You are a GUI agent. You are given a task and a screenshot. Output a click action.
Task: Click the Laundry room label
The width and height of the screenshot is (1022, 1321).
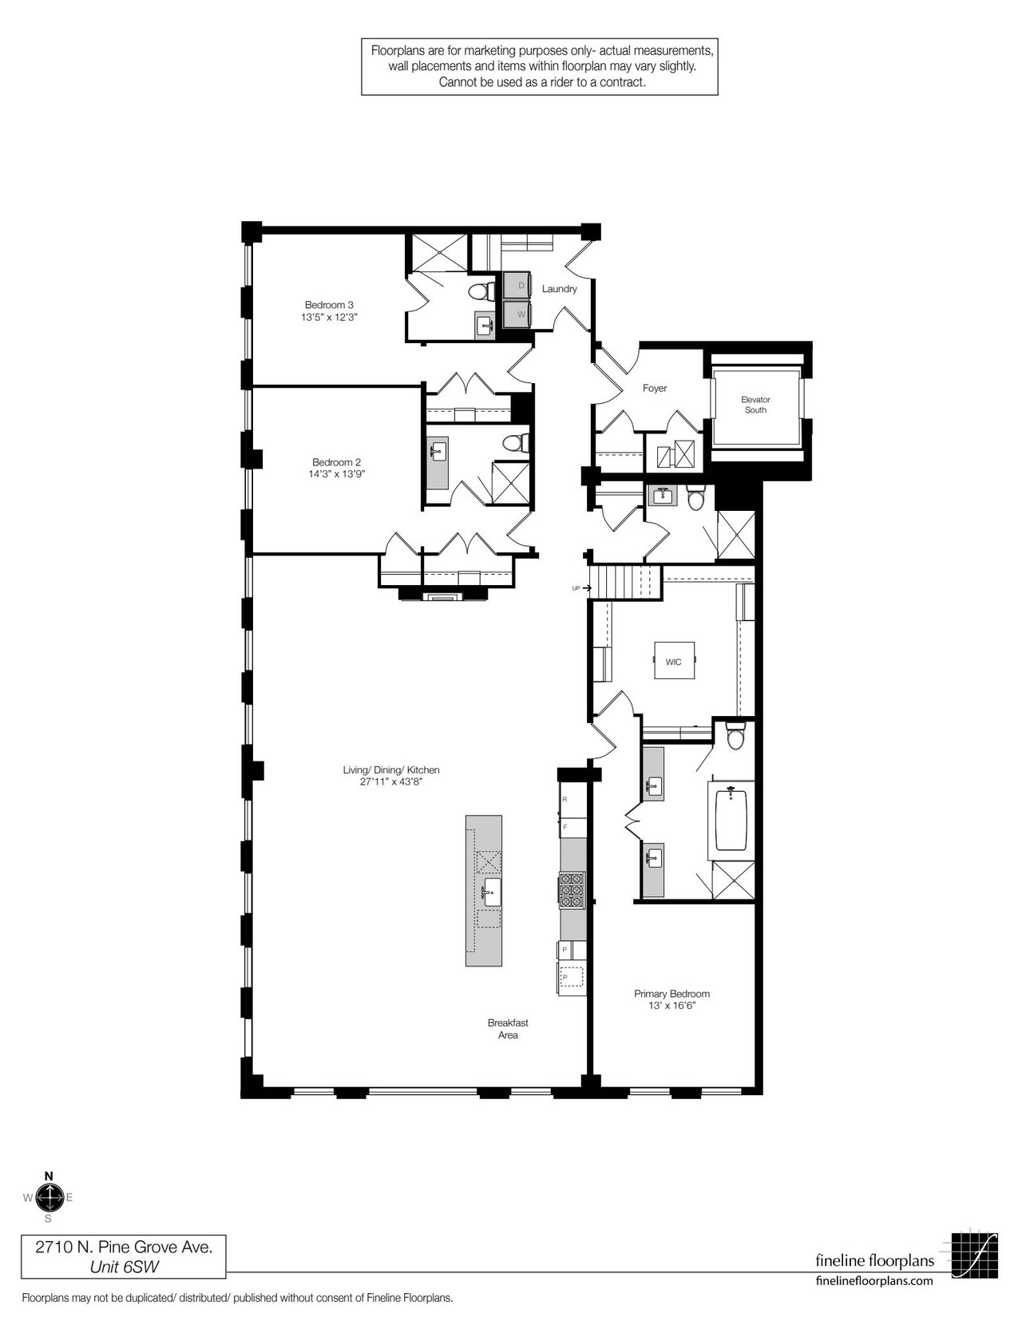(559, 289)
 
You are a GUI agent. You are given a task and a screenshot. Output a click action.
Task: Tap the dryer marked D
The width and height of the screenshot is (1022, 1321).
(517, 285)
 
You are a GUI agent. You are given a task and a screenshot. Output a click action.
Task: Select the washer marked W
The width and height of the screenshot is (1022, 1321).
(517, 314)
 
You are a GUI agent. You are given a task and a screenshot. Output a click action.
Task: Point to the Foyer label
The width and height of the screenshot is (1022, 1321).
(655, 388)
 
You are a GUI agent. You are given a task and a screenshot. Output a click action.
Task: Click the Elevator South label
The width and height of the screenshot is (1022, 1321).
(755, 405)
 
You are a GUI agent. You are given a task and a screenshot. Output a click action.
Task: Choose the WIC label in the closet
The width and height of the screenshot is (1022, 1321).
(673, 662)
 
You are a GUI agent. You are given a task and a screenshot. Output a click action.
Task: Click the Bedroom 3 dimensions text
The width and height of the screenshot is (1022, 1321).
(329, 317)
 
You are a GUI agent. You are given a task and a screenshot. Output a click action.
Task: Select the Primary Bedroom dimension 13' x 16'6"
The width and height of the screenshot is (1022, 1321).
(671, 1006)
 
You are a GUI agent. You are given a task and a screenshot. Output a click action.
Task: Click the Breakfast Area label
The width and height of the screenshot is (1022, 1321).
(508, 1029)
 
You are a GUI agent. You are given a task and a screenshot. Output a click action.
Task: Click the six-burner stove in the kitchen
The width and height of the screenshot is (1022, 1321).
(572, 891)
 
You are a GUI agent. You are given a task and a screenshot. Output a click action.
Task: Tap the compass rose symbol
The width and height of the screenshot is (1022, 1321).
(49, 1197)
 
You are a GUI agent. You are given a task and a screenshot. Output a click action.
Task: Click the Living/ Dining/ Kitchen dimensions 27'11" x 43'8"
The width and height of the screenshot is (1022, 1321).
(391, 781)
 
